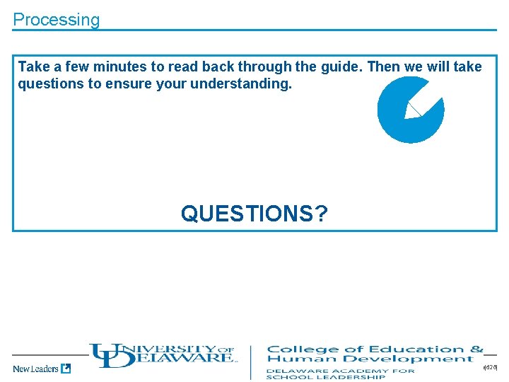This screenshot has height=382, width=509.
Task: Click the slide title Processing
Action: [57, 20]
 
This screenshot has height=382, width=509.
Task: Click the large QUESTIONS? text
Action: [254, 213]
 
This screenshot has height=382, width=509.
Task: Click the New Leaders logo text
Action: [35, 369]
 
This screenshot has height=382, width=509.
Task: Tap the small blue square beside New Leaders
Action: [66, 368]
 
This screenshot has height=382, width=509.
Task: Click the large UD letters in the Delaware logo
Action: [112, 355]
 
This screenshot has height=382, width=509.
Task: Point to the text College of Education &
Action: [375, 349]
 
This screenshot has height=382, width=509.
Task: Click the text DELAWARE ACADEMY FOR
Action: [340, 370]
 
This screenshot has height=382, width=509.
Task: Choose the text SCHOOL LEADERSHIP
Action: [325, 377]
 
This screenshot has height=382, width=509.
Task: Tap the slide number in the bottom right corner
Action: [491, 368]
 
